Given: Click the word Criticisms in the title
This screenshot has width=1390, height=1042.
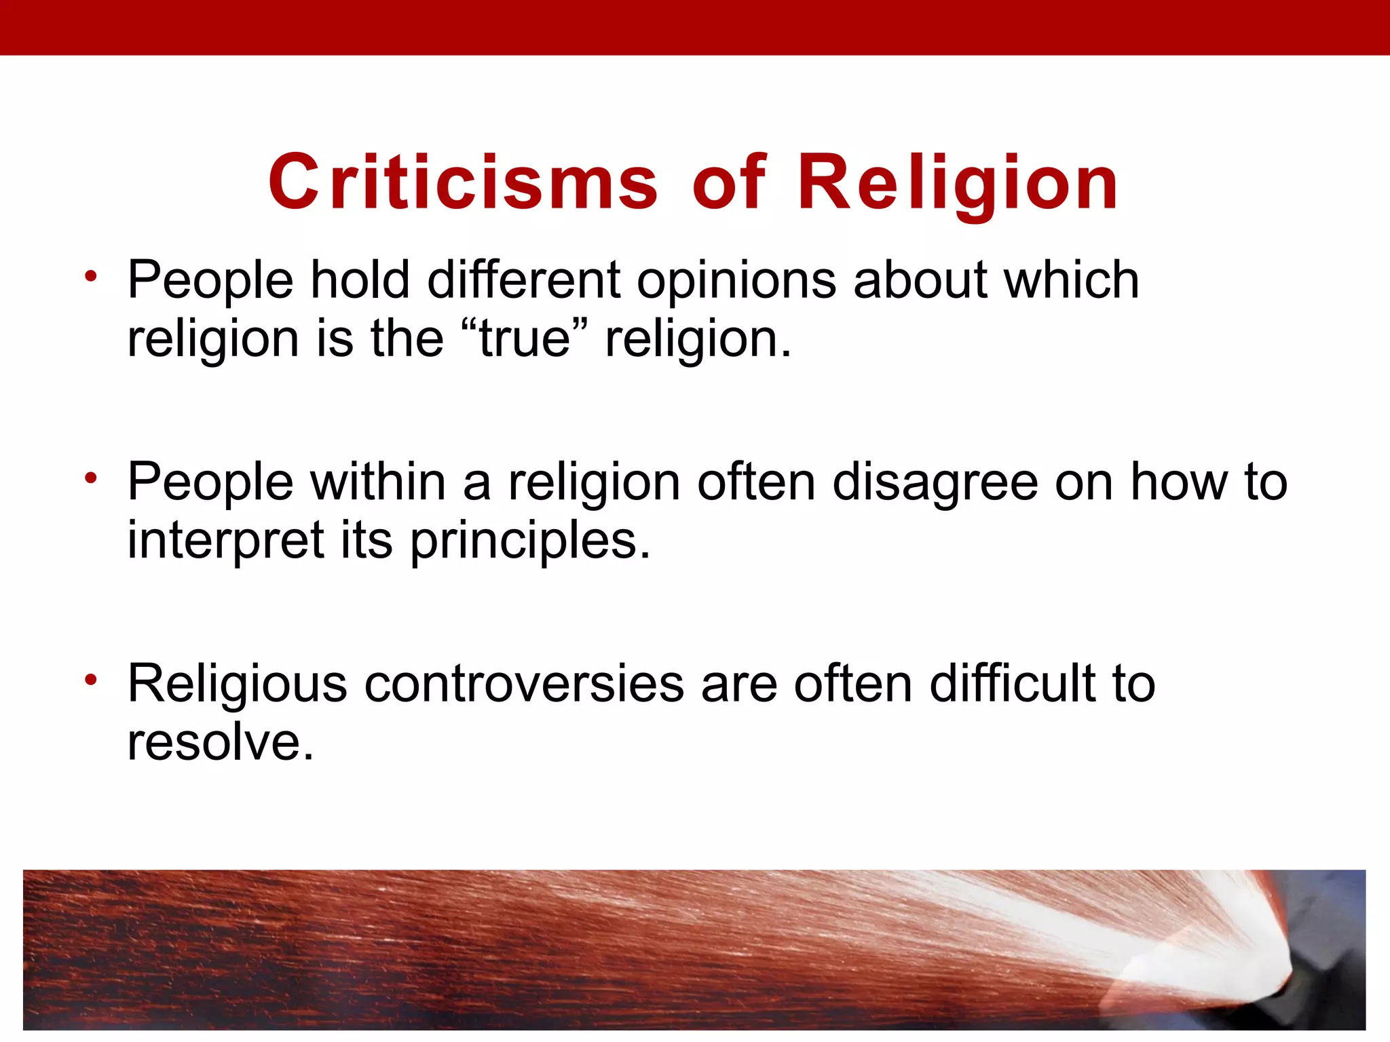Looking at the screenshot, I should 463,182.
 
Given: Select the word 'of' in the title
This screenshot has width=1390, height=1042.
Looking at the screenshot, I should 730,182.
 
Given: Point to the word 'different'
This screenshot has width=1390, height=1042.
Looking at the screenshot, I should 524,279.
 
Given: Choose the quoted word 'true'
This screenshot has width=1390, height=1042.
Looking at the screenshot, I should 524,339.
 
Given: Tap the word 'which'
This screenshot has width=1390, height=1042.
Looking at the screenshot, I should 1072,279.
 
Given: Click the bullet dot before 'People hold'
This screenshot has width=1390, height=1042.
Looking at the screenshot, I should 92,276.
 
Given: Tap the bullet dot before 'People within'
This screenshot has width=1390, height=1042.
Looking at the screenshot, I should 92,478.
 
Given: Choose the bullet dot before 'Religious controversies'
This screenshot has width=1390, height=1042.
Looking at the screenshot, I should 92,680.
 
